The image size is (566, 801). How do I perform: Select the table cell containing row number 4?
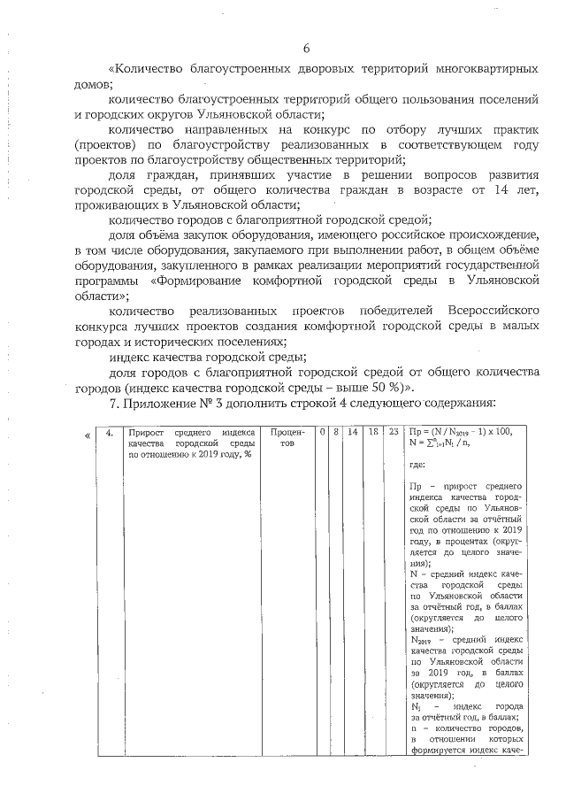pos(108,433)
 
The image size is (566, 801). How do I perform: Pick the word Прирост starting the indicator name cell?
pos(147,432)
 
